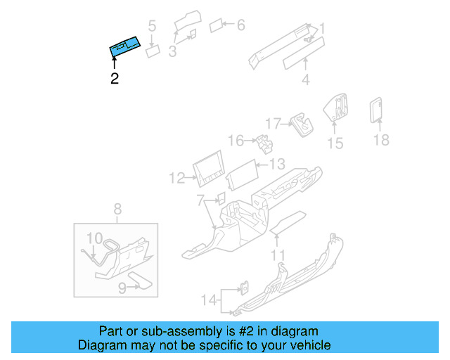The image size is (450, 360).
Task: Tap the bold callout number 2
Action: click(x=114, y=79)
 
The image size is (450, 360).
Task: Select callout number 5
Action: click(x=152, y=26)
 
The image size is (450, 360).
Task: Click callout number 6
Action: click(x=240, y=25)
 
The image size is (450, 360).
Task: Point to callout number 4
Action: click(x=305, y=79)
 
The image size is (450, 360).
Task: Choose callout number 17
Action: click(x=272, y=122)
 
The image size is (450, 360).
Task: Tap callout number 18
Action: click(x=380, y=140)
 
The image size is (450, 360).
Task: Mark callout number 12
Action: click(x=176, y=179)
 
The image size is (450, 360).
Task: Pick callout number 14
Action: click(x=208, y=300)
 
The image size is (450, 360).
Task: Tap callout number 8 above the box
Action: click(x=117, y=208)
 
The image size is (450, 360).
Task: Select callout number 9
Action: click(x=122, y=287)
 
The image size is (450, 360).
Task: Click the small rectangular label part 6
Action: click(x=217, y=26)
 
